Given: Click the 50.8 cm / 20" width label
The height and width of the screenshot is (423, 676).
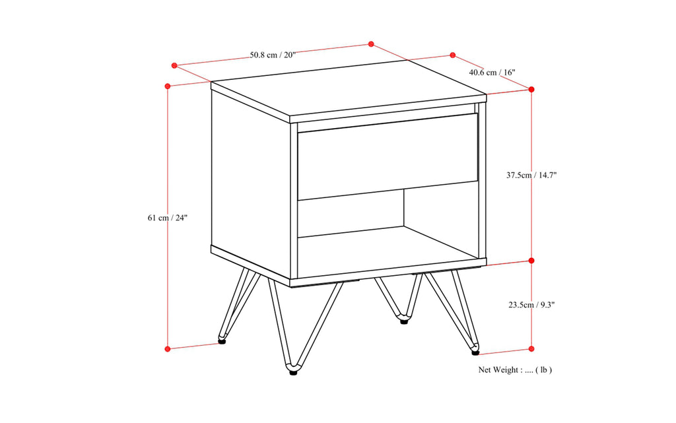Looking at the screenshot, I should pos(273,55).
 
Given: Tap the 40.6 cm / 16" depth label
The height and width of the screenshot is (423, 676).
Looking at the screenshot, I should pos(492,72).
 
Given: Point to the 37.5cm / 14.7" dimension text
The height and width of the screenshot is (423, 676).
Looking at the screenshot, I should pos(532,176).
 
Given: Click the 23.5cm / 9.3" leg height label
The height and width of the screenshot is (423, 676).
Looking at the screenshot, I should pos(531,305).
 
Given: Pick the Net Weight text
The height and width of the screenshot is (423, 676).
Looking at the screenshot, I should pos(515,370).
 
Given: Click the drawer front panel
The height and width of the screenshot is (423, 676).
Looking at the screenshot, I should pos(388,156).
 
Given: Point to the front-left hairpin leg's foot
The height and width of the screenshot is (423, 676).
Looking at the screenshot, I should pos(292,370).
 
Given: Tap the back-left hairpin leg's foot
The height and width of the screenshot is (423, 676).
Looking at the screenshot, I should pos(222,341).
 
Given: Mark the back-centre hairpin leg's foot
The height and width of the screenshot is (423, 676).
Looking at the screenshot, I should pos(404,321).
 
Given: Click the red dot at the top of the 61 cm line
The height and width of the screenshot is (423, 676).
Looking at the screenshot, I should pos(168,86).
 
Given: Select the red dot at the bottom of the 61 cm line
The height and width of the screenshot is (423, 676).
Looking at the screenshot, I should pos(168,348).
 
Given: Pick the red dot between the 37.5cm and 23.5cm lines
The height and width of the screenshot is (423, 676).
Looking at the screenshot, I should pos(532,261).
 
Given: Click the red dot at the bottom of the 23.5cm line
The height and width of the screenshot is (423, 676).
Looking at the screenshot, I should pos(532,348).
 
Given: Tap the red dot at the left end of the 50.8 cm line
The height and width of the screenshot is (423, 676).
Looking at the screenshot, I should pos(174,65).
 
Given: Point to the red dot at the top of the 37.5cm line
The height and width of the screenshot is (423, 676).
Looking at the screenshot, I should pos(532,89).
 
